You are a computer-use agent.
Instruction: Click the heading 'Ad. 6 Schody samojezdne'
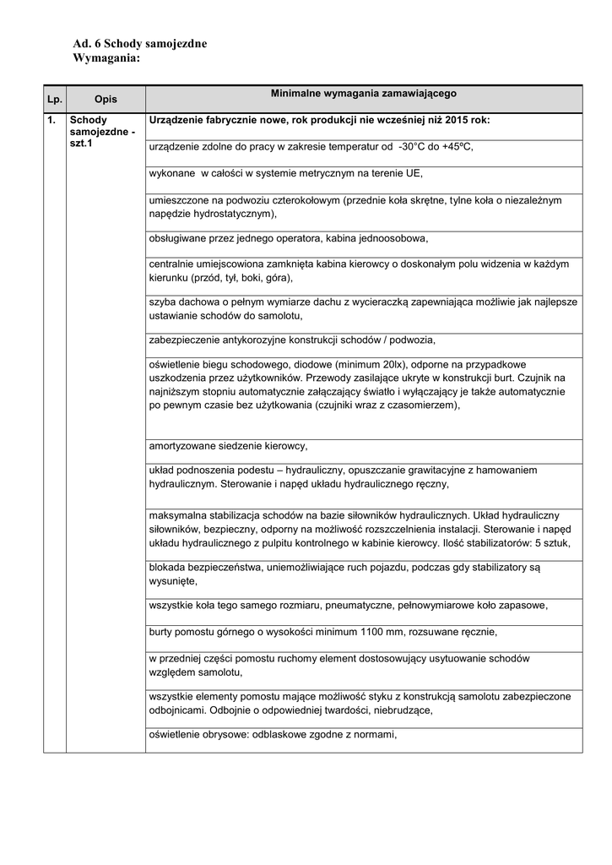[x=140, y=43]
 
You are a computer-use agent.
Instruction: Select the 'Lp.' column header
[x=55, y=100]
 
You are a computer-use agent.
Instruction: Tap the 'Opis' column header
[x=106, y=100]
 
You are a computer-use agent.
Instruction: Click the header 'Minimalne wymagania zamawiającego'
[x=363, y=93]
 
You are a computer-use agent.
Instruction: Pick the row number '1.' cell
[x=52, y=121]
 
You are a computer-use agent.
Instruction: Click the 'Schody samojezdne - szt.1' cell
[x=102, y=133]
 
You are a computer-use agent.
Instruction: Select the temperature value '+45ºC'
[x=456, y=147]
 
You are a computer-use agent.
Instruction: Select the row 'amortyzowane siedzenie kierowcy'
[x=228, y=445]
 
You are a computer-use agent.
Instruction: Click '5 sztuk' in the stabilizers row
[x=552, y=544]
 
